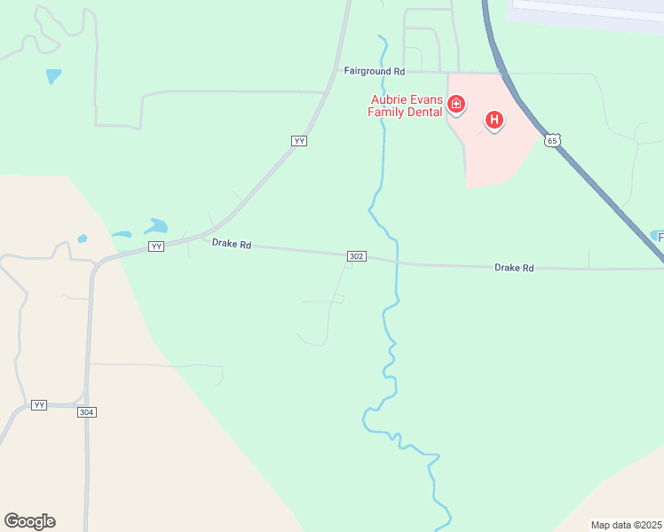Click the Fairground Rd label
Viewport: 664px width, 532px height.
(x=375, y=71)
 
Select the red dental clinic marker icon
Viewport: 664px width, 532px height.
(x=456, y=106)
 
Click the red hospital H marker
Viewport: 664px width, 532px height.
(x=494, y=119)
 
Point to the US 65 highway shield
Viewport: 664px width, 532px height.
(x=553, y=140)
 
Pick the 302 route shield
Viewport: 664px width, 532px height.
(x=356, y=256)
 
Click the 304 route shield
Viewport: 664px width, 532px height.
(x=86, y=412)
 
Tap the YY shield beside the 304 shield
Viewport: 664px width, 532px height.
(x=38, y=404)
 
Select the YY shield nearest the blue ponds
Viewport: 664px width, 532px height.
(x=156, y=246)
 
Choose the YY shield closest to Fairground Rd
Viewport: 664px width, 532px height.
(x=299, y=141)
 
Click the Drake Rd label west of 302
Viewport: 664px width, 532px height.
(x=232, y=243)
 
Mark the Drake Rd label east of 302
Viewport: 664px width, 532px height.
(x=514, y=267)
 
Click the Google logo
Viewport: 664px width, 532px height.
(x=29, y=520)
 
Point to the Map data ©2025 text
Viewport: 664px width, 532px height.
(x=626, y=525)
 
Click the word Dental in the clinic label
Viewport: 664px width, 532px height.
(x=423, y=112)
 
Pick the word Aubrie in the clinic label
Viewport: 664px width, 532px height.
(x=389, y=99)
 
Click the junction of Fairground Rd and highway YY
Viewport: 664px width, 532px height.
(x=333, y=72)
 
